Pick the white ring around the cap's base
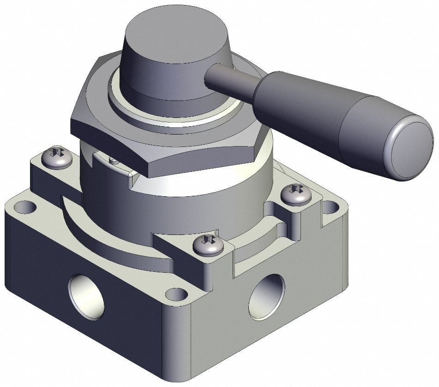(x=180, y=115)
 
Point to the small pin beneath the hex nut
(x=112, y=160)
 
